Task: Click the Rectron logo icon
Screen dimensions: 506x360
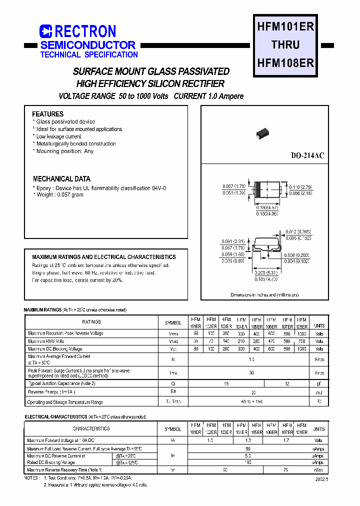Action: [x=45, y=31]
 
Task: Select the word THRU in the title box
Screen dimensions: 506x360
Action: [x=285, y=45]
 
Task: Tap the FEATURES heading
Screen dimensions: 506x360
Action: [x=48, y=114]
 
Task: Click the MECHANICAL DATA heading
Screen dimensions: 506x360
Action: [x=61, y=179]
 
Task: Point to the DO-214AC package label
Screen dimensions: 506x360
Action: [x=307, y=156]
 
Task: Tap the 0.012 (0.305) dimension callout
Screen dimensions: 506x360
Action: [x=298, y=232]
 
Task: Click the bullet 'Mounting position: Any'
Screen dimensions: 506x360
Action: [x=64, y=151]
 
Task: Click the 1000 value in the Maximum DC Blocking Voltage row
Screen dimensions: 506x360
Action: [x=301, y=348]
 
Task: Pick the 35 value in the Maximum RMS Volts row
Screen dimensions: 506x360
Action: [x=195, y=341]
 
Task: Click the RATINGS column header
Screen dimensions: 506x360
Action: [x=91, y=322]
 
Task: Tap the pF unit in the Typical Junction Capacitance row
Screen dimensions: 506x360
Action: [x=319, y=383]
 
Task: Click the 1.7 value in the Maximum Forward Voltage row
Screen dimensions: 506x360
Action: [x=286, y=440]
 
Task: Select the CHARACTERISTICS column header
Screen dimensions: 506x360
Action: [x=91, y=428]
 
